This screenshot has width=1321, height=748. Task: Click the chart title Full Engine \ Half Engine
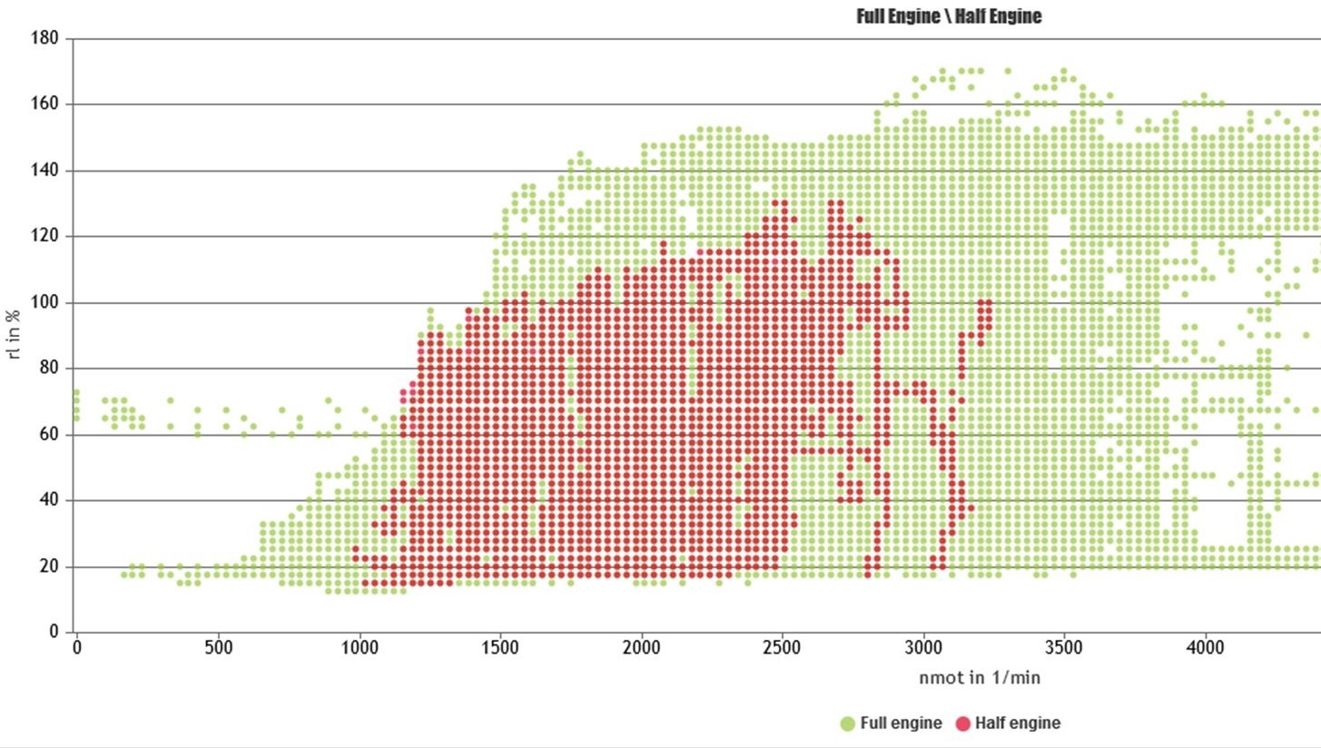(x=949, y=16)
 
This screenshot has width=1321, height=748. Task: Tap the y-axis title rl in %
(x=14, y=335)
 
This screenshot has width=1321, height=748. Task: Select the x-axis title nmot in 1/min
(x=985, y=677)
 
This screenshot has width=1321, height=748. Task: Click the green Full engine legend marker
(x=847, y=723)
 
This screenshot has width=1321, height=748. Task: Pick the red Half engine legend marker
(x=961, y=723)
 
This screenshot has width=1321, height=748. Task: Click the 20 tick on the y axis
(x=50, y=566)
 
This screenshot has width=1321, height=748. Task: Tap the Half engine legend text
(x=1018, y=723)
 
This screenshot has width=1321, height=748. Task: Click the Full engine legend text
(x=898, y=723)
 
